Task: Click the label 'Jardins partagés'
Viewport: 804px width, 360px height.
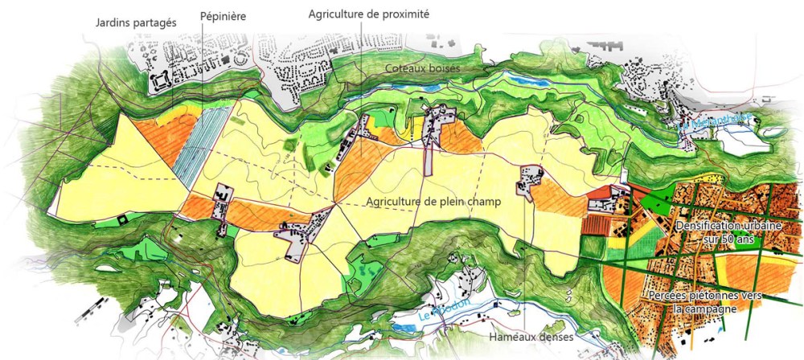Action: [x=135, y=23]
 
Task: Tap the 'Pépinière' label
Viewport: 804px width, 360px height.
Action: [x=224, y=15]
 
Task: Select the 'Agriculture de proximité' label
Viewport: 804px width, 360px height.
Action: [x=369, y=14]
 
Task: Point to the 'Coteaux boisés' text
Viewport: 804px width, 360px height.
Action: [x=421, y=69]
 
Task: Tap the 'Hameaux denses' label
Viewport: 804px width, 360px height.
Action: [x=531, y=337]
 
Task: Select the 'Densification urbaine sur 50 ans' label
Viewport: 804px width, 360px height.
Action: [x=728, y=233]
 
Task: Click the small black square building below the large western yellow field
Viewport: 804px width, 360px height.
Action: [x=121, y=219]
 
